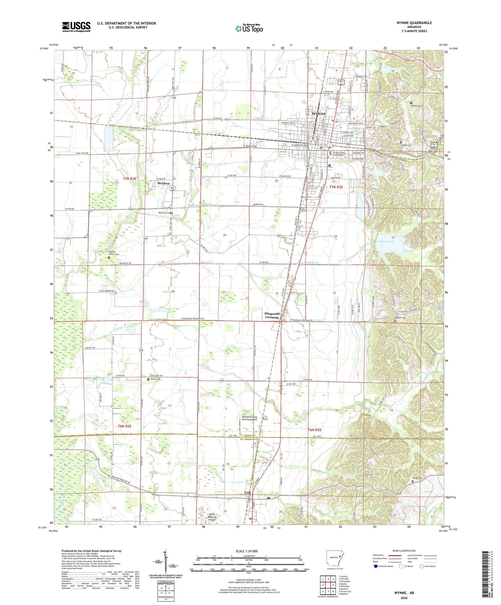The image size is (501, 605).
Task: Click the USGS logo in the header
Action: tap(76, 26)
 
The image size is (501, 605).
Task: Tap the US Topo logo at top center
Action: tap(249, 28)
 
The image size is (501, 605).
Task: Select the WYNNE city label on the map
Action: tap(319, 114)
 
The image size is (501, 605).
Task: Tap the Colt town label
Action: tap(248, 492)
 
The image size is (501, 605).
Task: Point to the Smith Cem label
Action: tap(155, 379)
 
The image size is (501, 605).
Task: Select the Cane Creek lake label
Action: tap(386, 242)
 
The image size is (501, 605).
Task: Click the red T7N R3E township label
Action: tap(336, 187)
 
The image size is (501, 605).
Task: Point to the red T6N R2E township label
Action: tap(125, 426)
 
